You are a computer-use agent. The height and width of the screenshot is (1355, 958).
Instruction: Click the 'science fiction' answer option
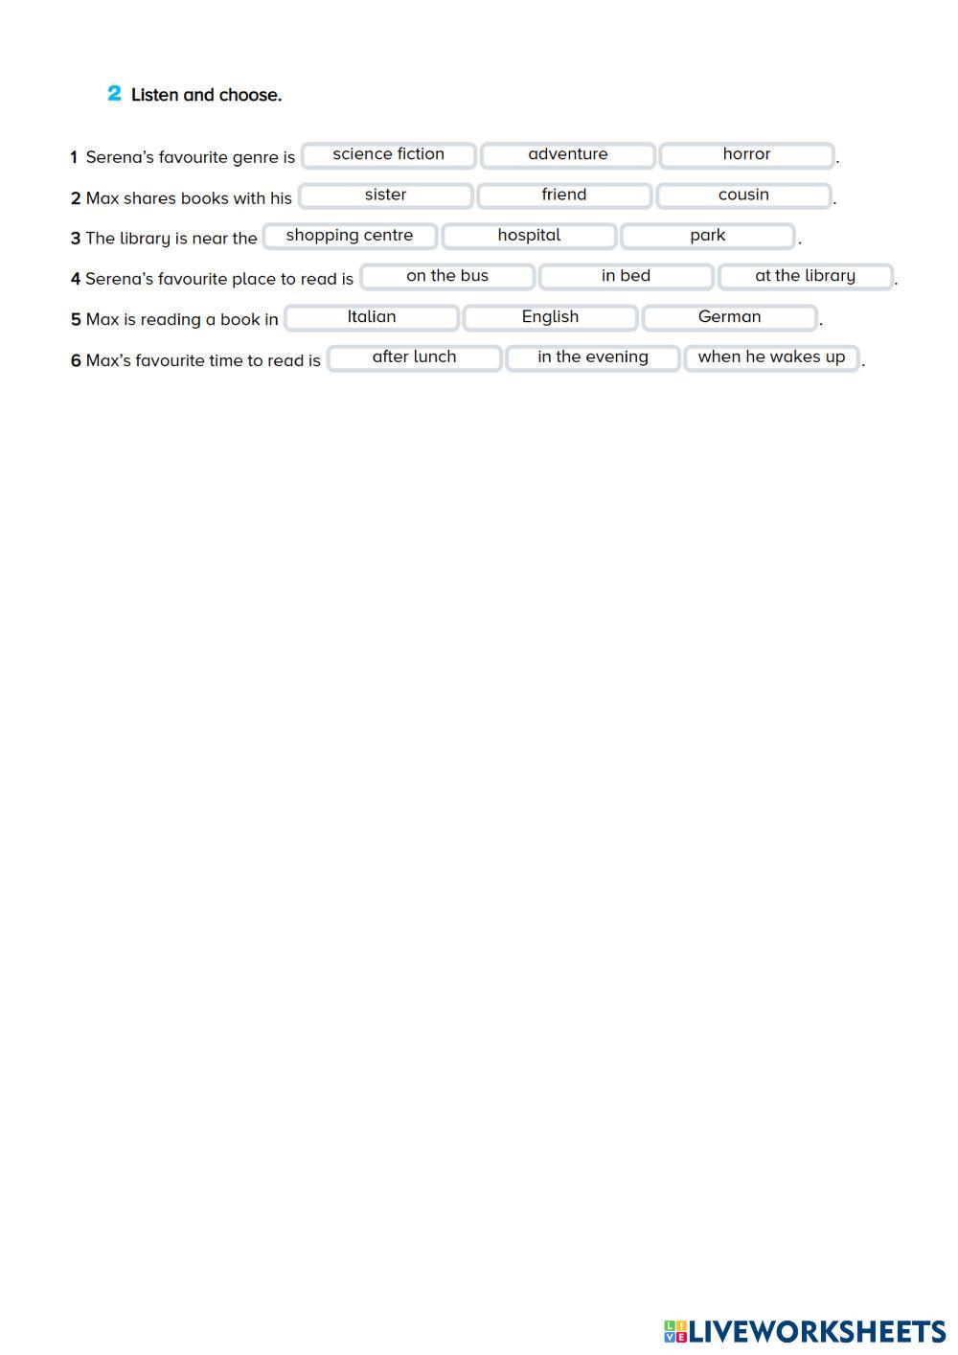coord(388,154)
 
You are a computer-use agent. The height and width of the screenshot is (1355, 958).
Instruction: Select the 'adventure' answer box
coord(567,154)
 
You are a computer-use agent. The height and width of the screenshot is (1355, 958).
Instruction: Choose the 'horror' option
coord(746,154)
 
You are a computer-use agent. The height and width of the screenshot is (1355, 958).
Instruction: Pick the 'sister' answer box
coord(385,195)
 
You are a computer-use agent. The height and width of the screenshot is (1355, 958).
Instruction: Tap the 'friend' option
coord(564,195)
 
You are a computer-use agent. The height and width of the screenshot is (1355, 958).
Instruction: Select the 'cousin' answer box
coord(743,195)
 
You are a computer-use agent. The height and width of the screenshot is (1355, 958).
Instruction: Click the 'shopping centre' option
coord(350,236)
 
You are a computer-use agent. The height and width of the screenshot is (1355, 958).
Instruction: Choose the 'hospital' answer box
coord(529,236)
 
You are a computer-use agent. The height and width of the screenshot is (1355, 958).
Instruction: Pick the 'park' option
coord(708,236)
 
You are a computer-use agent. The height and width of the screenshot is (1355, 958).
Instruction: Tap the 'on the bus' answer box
coord(447,276)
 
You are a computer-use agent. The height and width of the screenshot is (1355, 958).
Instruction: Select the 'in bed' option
coord(626,276)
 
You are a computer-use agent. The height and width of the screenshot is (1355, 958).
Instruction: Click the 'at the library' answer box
coord(805,276)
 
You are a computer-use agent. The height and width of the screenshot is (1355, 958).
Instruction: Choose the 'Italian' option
coord(372,317)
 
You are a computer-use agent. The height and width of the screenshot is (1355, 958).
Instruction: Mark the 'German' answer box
coord(729,317)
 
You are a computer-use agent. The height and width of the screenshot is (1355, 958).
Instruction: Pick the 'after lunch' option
coord(414,357)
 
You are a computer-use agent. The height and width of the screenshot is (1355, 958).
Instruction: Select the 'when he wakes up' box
coord(771,357)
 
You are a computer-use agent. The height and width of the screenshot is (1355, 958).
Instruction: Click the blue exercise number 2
coord(114,94)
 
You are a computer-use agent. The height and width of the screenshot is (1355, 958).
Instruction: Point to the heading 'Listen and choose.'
coord(206,95)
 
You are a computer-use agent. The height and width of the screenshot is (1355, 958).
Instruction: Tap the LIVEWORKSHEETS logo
coord(805,1331)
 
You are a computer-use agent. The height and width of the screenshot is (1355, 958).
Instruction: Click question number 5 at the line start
coord(76,320)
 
